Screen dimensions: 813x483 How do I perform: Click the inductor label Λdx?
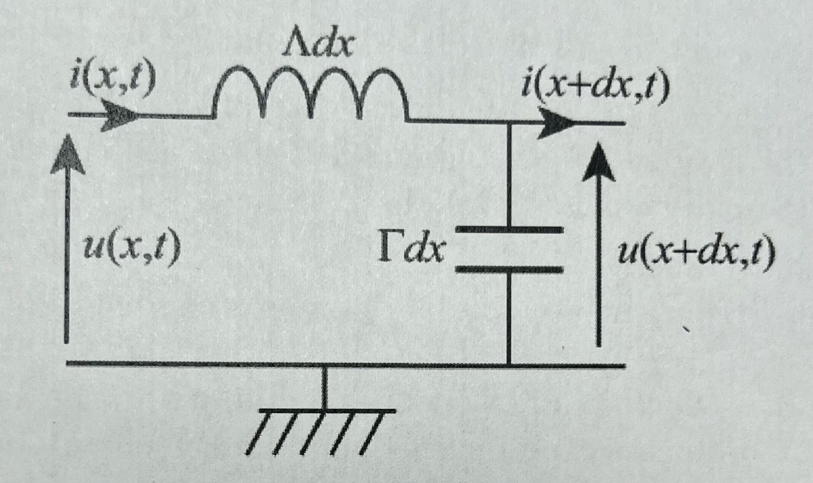(318, 45)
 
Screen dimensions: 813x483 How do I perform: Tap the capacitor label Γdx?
(411, 250)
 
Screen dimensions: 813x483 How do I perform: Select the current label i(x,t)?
(113, 77)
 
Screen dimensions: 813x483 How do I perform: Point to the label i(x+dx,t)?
(595, 87)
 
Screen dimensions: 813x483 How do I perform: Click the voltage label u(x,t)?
(132, 249)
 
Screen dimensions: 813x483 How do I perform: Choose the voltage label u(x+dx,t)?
(697, 253)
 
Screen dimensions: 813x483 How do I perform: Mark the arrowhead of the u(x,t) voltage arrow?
(68, 154)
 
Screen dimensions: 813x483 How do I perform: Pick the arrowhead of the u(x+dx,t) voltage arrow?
(599, 162)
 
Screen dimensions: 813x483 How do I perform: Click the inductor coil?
(311, 92)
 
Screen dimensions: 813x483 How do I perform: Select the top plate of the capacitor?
(509, 229)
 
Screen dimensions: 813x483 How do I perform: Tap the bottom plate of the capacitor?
(509, 270)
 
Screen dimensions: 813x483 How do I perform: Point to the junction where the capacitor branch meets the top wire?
(509, 123)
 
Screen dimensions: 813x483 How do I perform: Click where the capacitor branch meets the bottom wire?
(509, 365)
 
